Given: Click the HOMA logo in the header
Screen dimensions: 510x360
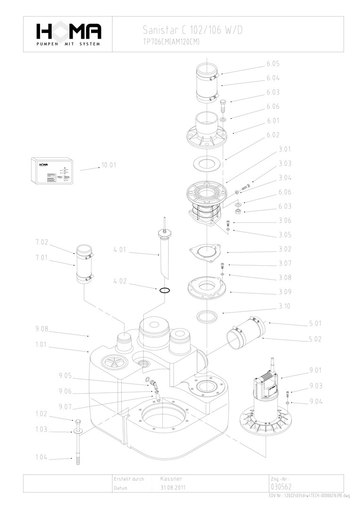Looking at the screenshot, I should click(68, 34).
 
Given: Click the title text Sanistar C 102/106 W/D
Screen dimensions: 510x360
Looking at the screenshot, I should click(193, 31).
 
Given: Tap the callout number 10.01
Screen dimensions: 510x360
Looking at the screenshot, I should click(109, 165).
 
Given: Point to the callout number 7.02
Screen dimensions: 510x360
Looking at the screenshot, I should click(42, 242).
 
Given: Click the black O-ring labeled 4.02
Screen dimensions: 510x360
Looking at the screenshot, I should click(164, 290).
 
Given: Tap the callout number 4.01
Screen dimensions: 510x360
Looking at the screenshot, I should click(120, 250).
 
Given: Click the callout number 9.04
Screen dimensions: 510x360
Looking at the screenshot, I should click(316, 402).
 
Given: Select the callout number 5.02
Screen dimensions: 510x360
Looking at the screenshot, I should click(316, 339).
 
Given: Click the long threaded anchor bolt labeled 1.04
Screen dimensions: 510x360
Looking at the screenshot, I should click(76, 449).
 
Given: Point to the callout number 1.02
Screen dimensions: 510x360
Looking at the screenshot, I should click(42, 414).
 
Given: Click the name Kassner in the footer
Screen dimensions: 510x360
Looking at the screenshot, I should click(171, 479).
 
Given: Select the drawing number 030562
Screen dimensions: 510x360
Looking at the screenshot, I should click(282, 487).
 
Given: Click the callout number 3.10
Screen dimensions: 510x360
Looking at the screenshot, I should click(285, 306).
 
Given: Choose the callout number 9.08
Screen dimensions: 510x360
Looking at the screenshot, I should click(42, 329).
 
